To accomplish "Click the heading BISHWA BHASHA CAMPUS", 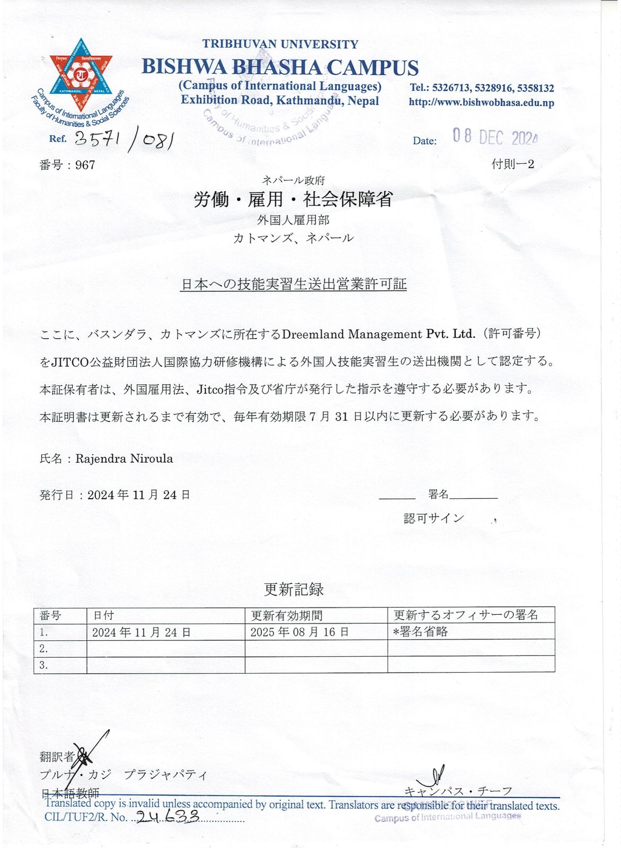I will coord(280,67).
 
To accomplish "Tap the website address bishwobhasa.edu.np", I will coord(481,102).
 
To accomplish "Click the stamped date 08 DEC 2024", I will coord(495,137).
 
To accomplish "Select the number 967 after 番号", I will coord(85,165).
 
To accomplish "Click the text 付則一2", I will coord(512,164).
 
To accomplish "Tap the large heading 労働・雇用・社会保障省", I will coord(293,199).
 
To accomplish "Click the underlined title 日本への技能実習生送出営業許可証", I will coord(294,284).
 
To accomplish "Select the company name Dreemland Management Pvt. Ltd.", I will coord(378,334).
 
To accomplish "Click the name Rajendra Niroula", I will coord(124,458).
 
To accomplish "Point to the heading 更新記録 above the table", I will coord(294,589).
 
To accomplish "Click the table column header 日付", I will coord(103,615).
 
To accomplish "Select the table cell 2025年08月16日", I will coord(299,632).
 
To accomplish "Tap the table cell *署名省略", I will coord(421,632).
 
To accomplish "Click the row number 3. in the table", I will coord(44,665).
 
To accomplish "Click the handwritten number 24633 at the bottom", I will coord(167,816).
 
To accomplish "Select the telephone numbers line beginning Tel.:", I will coord(481,88).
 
